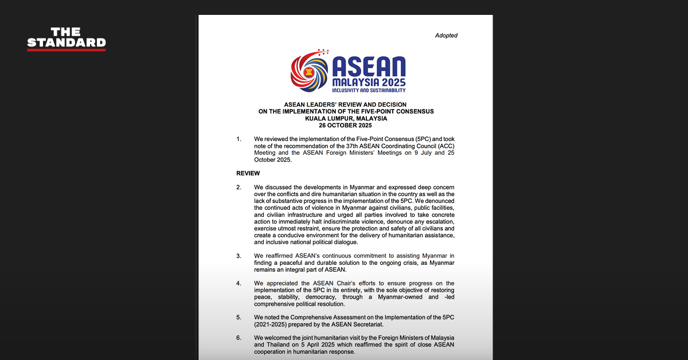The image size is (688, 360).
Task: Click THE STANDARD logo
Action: [x=67, y=38]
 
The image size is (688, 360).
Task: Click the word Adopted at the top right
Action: [x=446, y=36]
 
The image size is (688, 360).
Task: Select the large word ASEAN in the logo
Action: [x=369, y=67]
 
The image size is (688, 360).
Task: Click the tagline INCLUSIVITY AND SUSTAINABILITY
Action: [x=369, y=90]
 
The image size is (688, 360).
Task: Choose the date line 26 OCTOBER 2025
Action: [x=346, y=125]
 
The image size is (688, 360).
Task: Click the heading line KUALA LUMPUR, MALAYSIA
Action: [x=346, y=118]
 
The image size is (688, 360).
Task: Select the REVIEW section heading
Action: [x=248, y=173]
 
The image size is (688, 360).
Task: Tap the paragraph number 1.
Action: [x=239, y=139]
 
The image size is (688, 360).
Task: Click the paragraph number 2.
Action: [x=239, y=187]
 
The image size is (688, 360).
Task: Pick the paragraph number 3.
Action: [x=239, y=256]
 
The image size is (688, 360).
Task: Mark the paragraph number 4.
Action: [x=239, y=283]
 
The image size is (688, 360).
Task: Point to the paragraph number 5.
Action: [x=239, y=317]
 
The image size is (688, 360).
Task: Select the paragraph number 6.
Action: [x=239, y=338]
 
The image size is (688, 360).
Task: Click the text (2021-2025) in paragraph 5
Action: [x=274, y=324]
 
